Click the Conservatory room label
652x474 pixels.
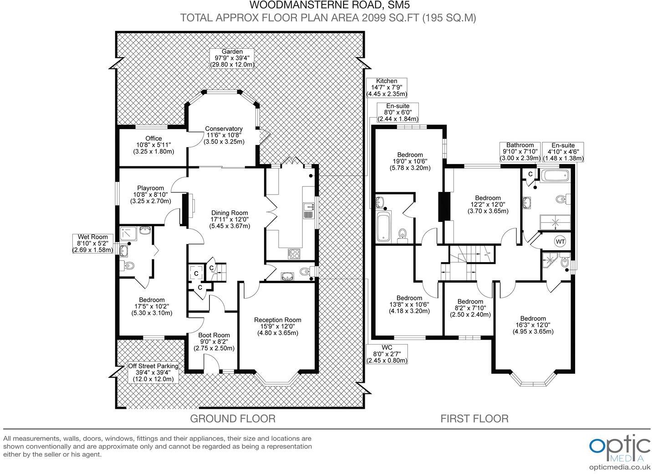224,135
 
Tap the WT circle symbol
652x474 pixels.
560,241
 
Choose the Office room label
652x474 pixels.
153,144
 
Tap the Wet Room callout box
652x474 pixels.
93,243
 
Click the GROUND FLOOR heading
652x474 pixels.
232,418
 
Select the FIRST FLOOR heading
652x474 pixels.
474,418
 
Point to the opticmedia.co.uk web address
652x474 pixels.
619,467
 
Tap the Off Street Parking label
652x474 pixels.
153,372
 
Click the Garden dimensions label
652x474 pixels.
232,58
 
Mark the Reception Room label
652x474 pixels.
277,326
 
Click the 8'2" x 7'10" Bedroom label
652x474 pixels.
470,308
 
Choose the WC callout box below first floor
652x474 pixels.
387,354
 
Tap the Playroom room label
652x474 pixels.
150,194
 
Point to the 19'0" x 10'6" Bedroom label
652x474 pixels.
410,161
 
